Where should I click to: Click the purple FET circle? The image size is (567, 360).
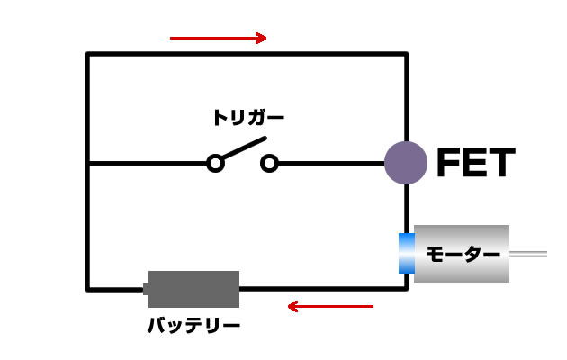405,163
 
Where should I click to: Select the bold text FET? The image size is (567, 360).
475,164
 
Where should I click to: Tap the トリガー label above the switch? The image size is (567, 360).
248,117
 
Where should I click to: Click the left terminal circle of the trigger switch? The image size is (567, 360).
215,163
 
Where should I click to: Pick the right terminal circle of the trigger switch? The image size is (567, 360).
269,163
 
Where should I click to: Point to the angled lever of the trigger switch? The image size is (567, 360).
245,149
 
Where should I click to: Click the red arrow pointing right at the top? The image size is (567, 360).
219,38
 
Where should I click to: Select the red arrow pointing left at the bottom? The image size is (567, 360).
329,307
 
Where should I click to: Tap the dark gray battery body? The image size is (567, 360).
194,289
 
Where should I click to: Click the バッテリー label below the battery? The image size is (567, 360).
193,325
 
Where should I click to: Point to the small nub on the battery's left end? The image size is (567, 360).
146,289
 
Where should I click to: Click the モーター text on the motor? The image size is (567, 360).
462,255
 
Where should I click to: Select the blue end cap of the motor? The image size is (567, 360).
406,253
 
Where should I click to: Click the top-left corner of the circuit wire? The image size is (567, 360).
87,55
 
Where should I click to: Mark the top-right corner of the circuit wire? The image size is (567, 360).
406,55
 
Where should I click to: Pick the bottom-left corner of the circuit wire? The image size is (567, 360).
87,289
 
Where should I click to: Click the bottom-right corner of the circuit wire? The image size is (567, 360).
406,288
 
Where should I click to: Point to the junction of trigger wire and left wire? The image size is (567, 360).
87,163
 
